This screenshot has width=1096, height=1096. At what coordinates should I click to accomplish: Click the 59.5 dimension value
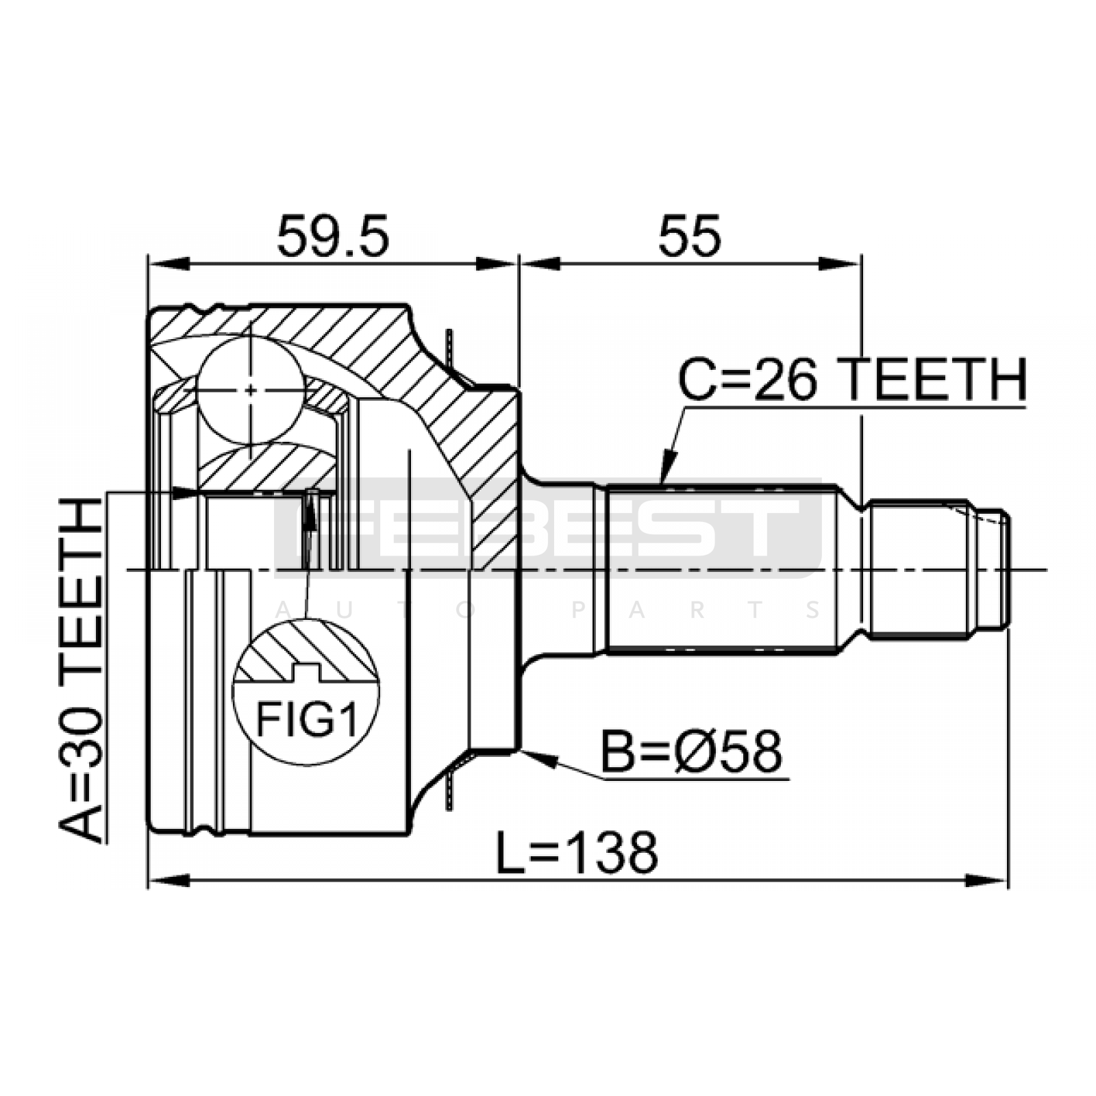[333, 236]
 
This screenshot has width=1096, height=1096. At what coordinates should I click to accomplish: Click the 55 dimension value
[690, 236]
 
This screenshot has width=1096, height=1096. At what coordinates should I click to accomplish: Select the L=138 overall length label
[577, 852]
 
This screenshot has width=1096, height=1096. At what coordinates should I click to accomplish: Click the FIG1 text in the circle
[306, 719]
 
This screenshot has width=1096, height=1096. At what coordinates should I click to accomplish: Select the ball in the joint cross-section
[251, 390]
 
